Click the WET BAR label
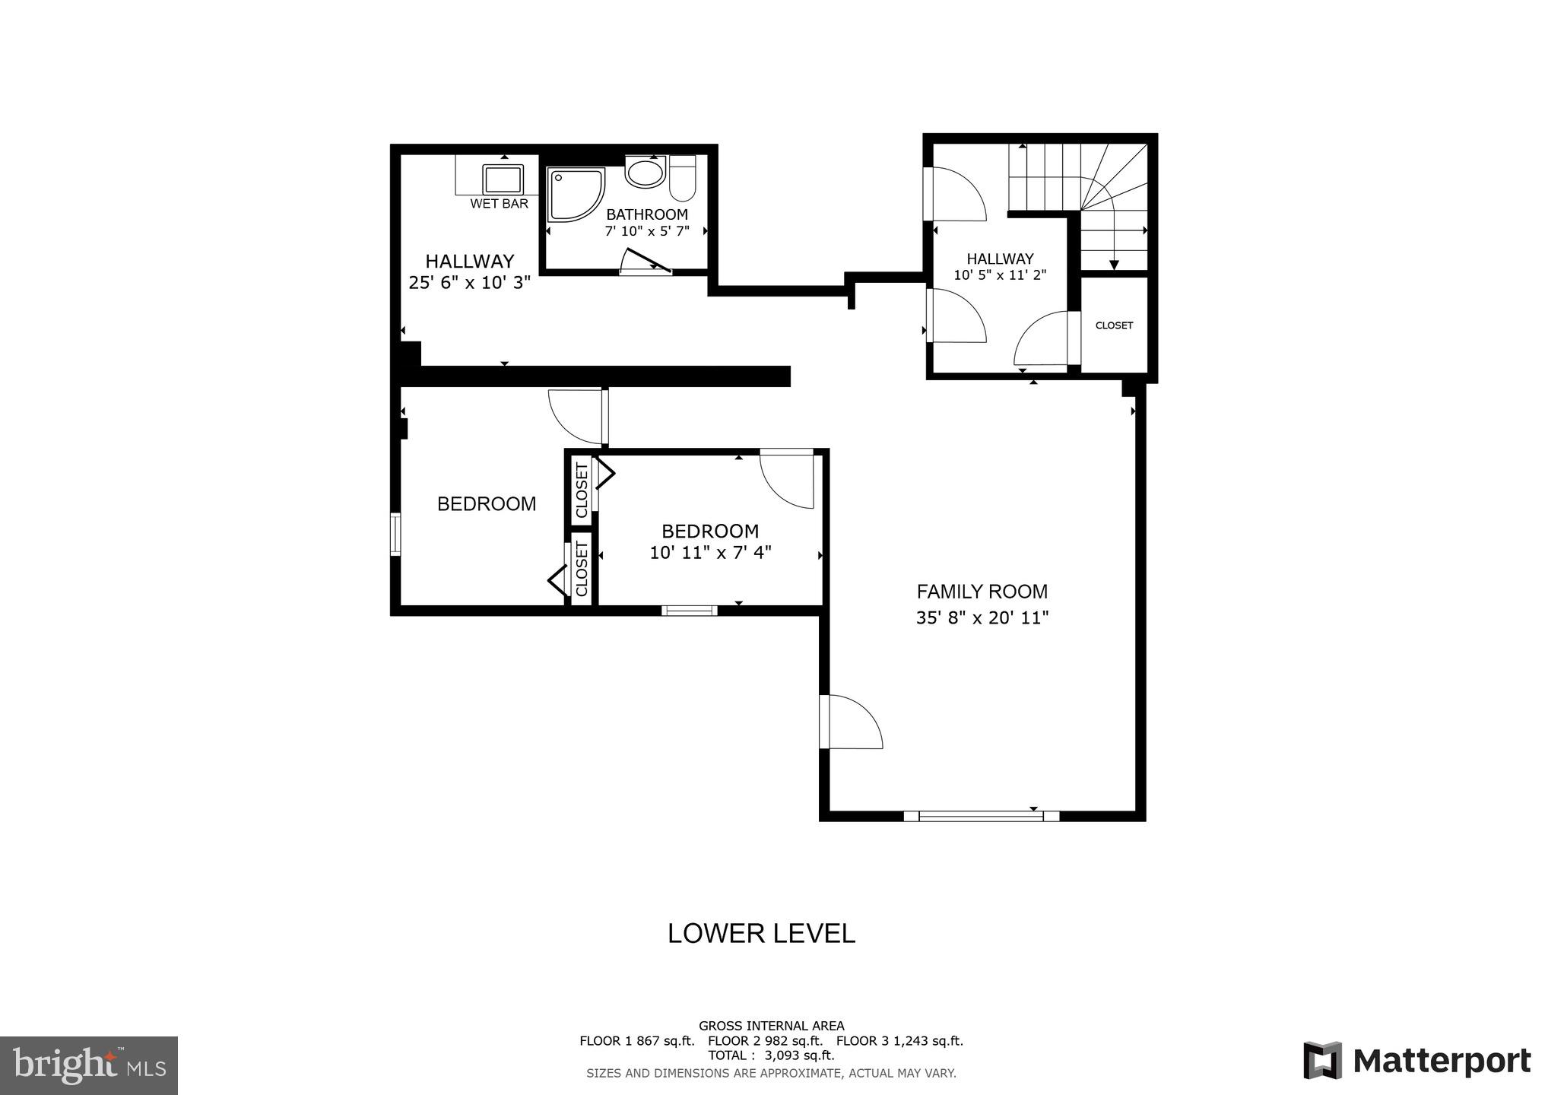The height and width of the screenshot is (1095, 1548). pos(499,204)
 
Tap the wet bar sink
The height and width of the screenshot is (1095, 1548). pos(503,179)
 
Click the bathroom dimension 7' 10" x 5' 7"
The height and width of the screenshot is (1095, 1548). pos(647,231)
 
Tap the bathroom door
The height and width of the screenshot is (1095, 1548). pos(646,261)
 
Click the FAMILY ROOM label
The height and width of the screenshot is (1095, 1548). pos(982,592)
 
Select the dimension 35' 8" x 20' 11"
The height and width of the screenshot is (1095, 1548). pos(982,617)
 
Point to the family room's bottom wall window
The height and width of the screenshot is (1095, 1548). pos(981,816)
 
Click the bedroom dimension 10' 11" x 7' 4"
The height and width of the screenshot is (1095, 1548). pos(710,552)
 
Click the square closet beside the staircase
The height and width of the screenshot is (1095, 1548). pos(1114,325)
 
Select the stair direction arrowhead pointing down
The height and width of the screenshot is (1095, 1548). pos(1114,265)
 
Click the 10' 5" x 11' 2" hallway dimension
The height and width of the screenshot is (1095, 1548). pos(1000,275)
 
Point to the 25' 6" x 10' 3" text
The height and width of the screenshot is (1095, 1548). pos(469,283)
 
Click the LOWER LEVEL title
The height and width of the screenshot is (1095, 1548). pos(761,933)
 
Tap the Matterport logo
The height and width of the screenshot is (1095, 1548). pos(1416,1061)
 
